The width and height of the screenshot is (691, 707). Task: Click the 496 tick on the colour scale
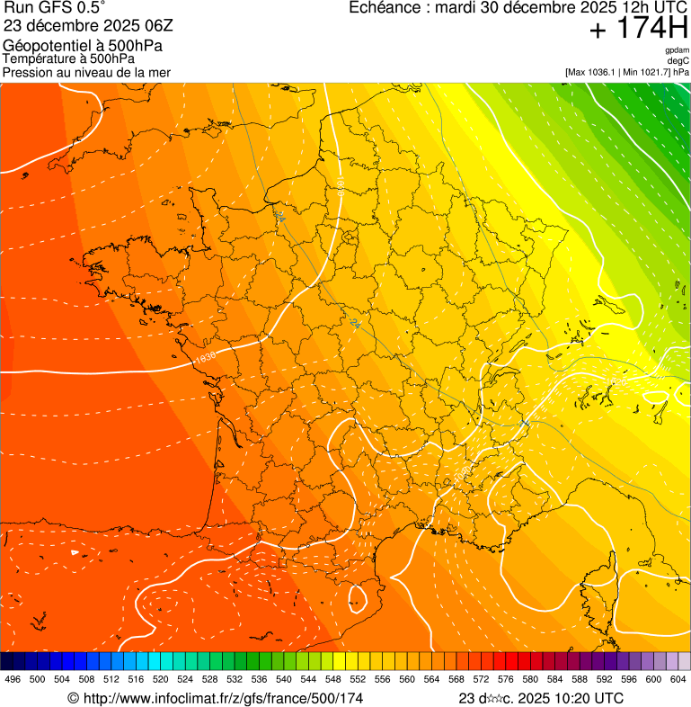13,679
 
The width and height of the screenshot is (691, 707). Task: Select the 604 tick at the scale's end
678,679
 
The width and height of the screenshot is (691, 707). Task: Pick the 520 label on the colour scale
161,679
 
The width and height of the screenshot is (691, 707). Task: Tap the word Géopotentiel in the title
45,46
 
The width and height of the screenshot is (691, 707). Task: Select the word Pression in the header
29,72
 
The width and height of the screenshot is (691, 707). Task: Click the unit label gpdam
677,50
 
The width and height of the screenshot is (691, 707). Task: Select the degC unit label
678,61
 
